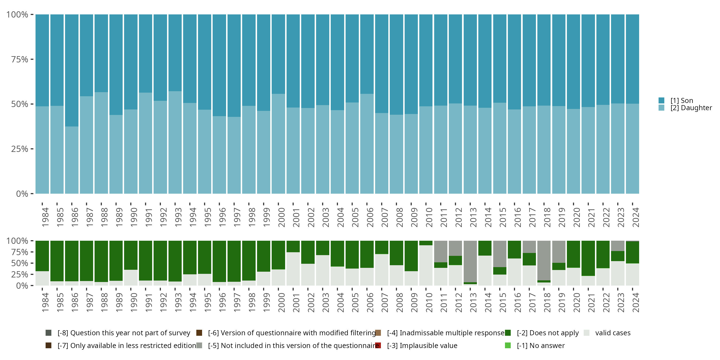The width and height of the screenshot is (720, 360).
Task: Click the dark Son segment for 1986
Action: pyautogui.click(x=72, y=70)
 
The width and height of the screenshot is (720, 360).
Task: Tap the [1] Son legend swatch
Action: pyautogui.click(x=661, y=100)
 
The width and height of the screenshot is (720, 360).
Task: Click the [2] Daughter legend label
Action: pyautogui.click(x=691, y=108)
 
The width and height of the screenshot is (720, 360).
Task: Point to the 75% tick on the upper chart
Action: pyautogui.click(x=20, y=59)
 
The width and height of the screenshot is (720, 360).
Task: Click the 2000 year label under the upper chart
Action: pyautogui.click(x=281, y=217)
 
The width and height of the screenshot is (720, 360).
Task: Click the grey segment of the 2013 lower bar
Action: pyautogui.click(x=470, y=261)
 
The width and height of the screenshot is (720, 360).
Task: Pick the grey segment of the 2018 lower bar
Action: pyautogui.click(x=544, y=260)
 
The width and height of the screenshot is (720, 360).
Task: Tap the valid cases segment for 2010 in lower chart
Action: pyautogui.click(x=426, y=265)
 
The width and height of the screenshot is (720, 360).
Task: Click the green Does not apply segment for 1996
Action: pyautogui.click(x=219, y=261)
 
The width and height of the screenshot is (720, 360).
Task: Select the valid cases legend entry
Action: pyautogui.click(x=613, y=333)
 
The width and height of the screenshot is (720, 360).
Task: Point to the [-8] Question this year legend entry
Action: pyautogui.click(x=124, y=333)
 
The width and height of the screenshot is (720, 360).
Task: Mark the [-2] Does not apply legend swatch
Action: pyautogui.click(x=508, y=333)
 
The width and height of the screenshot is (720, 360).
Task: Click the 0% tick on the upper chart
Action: pyautogui.click(x=22, y=194)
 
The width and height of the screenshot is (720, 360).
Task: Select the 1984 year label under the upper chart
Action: pyautogui.click(x=45, y=217)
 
